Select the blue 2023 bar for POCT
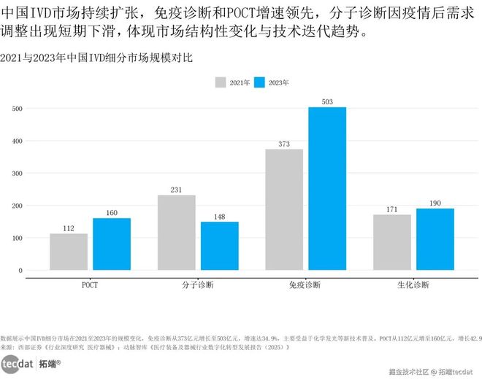click(112, 244)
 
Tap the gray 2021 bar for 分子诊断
click(176, 233)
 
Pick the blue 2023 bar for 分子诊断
click(219, 246)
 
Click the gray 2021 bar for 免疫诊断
click(284, 209)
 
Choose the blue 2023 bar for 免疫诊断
click(327, 189)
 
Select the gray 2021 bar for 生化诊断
click(392, 242)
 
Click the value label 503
click(327, 102)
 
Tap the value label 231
click(176, 190)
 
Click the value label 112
click(69, 228)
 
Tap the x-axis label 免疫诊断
click(305, 284)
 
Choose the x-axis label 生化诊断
click(413, 284)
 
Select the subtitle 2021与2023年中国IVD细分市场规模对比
click(96, 58)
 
